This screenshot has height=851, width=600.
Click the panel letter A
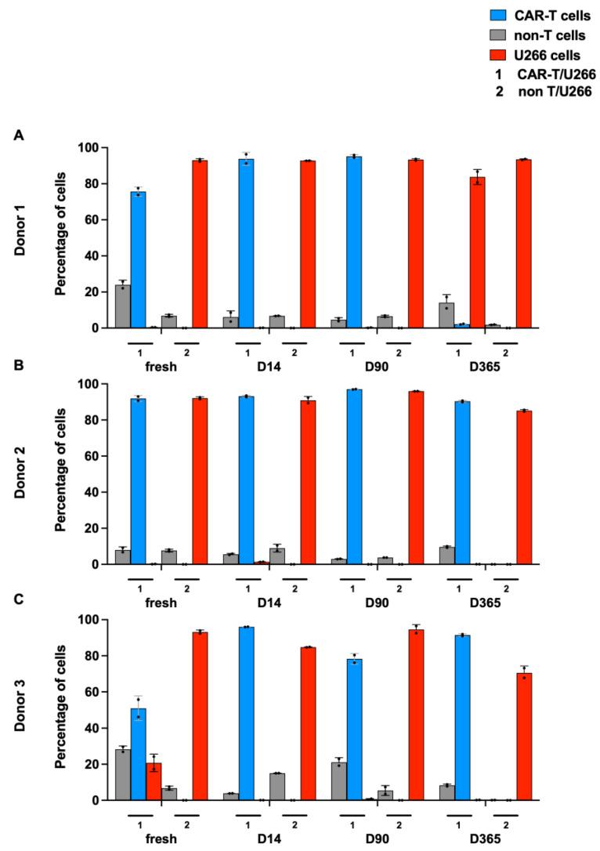point(20,135)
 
